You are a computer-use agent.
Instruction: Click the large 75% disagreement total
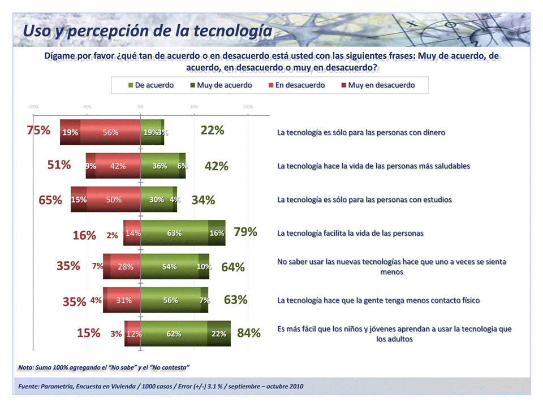[38, 130]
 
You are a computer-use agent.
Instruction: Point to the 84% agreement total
[249, 333]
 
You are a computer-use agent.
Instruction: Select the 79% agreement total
[245, 232]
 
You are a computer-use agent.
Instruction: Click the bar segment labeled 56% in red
[110, 133]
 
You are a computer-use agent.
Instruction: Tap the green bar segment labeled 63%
[174, 233]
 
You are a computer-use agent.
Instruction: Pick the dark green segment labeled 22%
[219, 334]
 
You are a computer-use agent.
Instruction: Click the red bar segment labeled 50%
[114, 200]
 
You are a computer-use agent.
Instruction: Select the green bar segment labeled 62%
[174, 334]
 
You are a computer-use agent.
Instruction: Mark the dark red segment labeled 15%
[79, 200]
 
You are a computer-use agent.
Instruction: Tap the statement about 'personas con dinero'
[361, 132]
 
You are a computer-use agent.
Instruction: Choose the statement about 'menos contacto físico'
[378, 300]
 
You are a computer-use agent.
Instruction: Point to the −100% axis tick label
[33, 106]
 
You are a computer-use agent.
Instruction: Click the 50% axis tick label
[194, 106]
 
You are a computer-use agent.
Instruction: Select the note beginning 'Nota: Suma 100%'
[104, 367]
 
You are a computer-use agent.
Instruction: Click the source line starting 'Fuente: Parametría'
[161, 386]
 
